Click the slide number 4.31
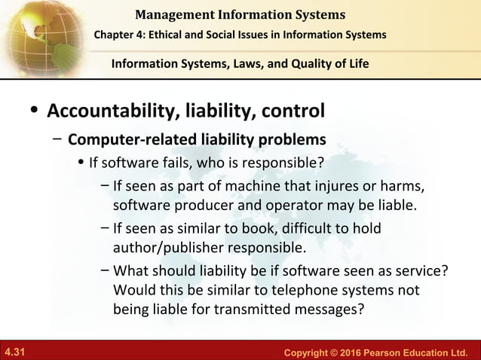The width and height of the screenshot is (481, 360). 14,352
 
